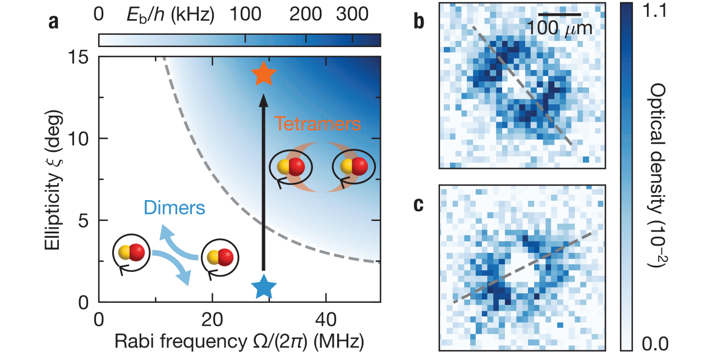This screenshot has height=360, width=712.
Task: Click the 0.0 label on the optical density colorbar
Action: [x=654, y=341]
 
